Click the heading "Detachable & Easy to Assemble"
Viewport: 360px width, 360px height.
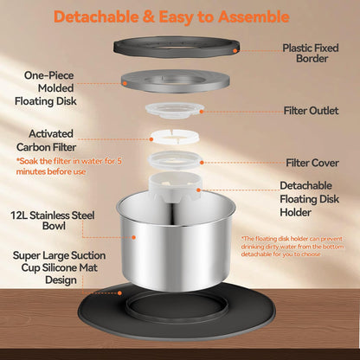point(171,17)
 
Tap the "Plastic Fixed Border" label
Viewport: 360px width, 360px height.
point(311,53)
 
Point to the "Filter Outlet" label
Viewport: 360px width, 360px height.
point(311,111)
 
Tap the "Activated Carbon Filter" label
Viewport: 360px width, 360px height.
point(46,140)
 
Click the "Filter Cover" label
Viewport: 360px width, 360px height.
point(312,163)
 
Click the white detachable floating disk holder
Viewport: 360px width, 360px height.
point(175,186)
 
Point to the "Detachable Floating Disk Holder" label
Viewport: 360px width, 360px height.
point(309,199)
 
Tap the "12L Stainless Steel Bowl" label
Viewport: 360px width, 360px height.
point(53,221)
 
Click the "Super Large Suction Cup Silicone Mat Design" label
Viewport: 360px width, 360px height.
point(59,267)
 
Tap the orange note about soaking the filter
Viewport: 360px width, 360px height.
point(68,166)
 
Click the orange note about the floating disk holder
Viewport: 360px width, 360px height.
point(292,247)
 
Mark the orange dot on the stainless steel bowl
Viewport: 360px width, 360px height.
point(134,237)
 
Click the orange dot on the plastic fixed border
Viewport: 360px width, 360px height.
point(235,51)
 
